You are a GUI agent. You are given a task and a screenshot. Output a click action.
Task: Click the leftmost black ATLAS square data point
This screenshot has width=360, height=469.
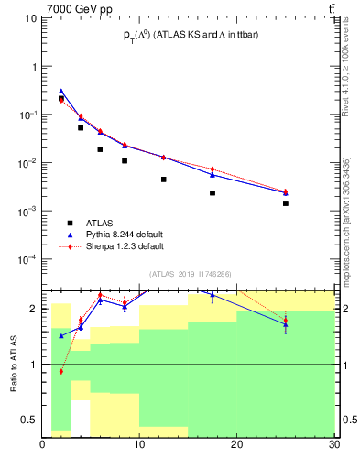[61, 99]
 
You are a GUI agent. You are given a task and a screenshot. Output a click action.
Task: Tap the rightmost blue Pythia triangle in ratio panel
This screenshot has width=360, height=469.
[286, 324]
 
